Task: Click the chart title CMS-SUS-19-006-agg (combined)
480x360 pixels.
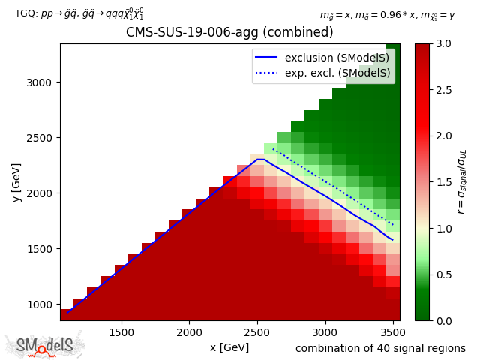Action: click(x=229, y=33)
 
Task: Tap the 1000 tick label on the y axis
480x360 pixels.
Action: click(x=42, y=304)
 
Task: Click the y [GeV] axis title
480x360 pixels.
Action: click(x=16, y=181)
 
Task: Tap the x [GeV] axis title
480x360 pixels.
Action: click(x=229, y=347)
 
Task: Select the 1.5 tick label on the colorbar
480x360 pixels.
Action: click(x=442, y=182)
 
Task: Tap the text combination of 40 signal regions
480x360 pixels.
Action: click(x=380, y=348)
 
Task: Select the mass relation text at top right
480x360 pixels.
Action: click(x=388, y=14)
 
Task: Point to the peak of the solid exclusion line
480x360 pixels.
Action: click(x=259, y=159)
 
